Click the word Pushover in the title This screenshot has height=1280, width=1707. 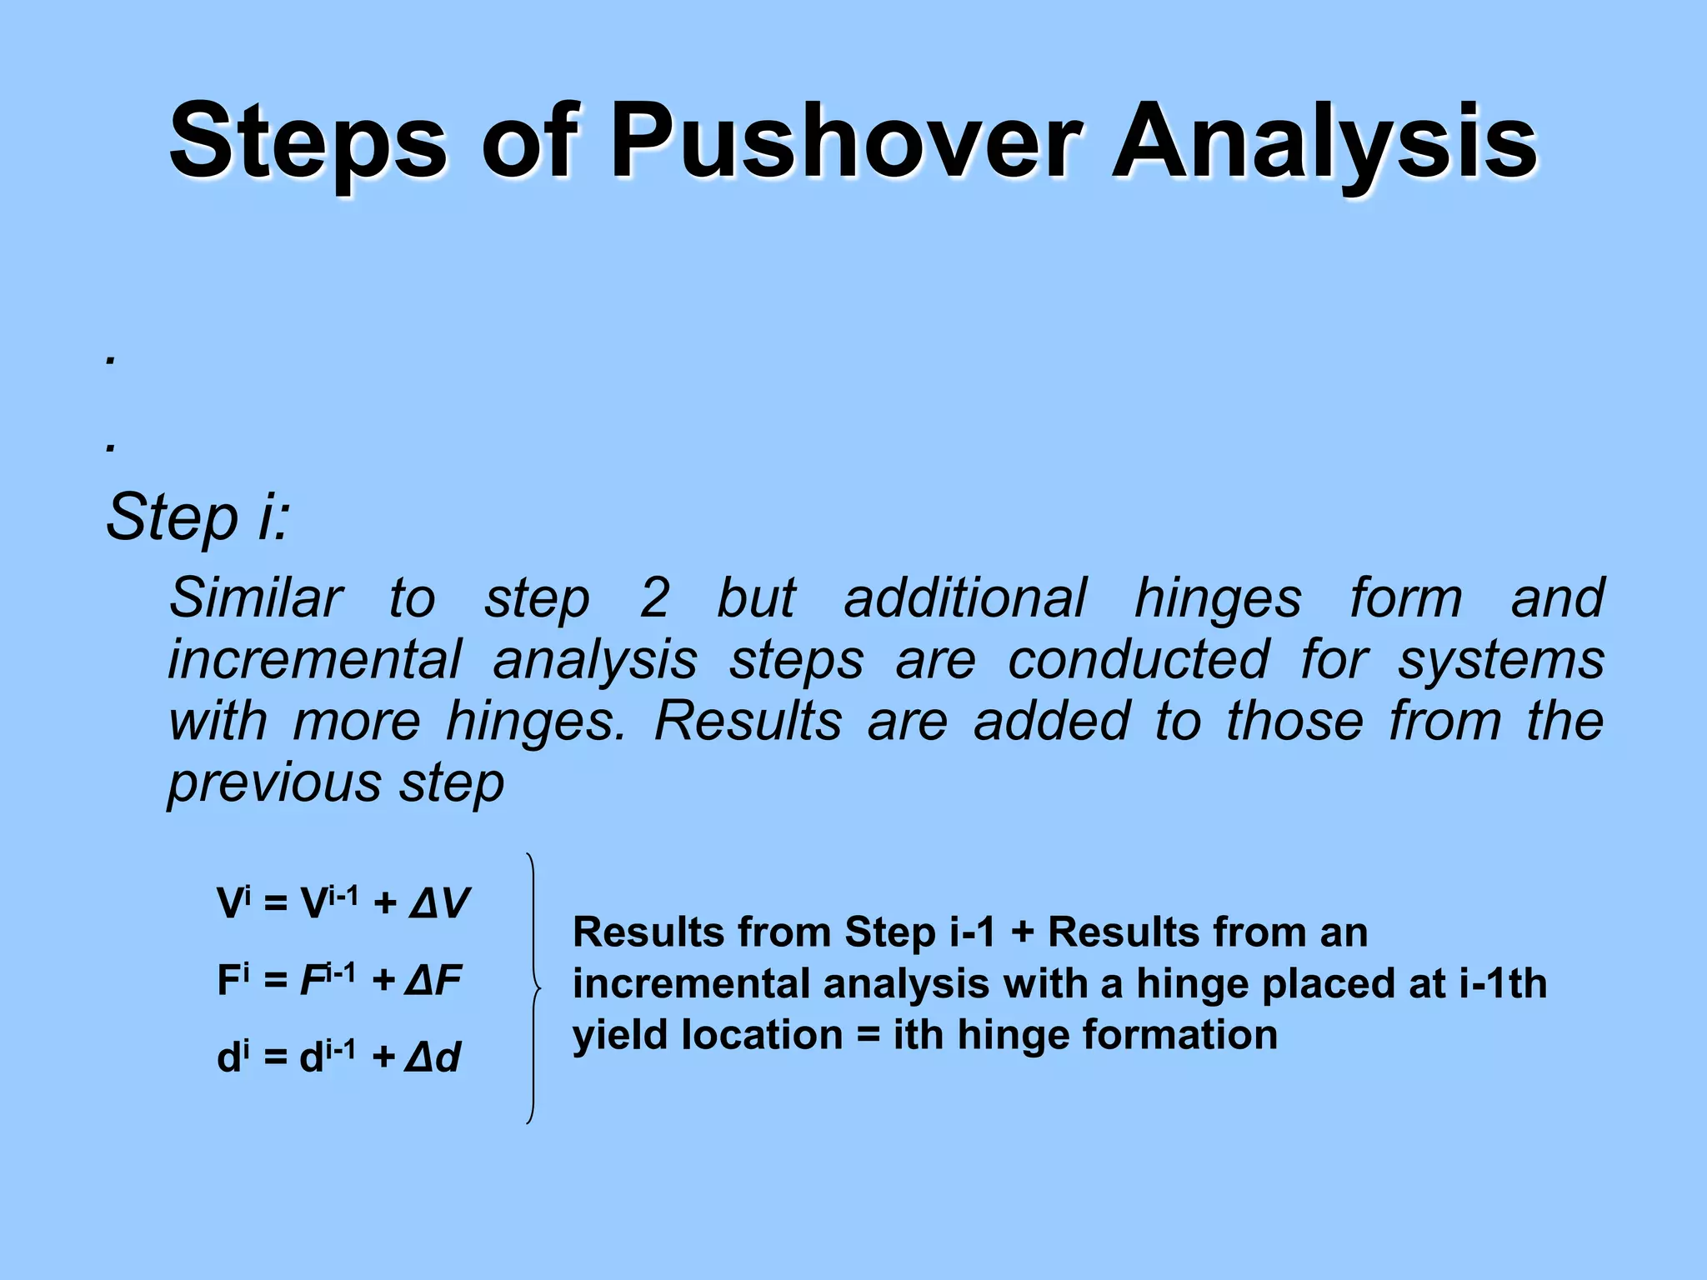coord(845,142)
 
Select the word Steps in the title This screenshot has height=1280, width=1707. coord(308,142)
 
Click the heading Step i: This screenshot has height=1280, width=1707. coord(198,517)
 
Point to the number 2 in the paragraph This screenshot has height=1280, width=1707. coord(654,597)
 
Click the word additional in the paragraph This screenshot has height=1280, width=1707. coord(964,597)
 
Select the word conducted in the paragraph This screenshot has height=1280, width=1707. coord(1137,659)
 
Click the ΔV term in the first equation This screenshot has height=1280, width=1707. coord(439,903)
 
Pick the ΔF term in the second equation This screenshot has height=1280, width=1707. coord(433,980)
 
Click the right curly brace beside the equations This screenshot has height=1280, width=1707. coord(533,988)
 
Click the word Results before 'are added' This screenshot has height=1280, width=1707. coord(747,721)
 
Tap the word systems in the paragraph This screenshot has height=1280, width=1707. coord(1499,659)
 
